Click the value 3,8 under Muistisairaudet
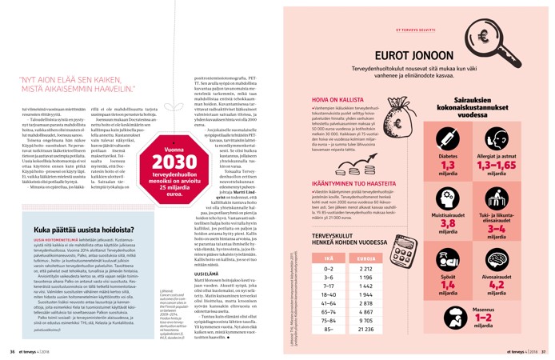click(448, 222)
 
